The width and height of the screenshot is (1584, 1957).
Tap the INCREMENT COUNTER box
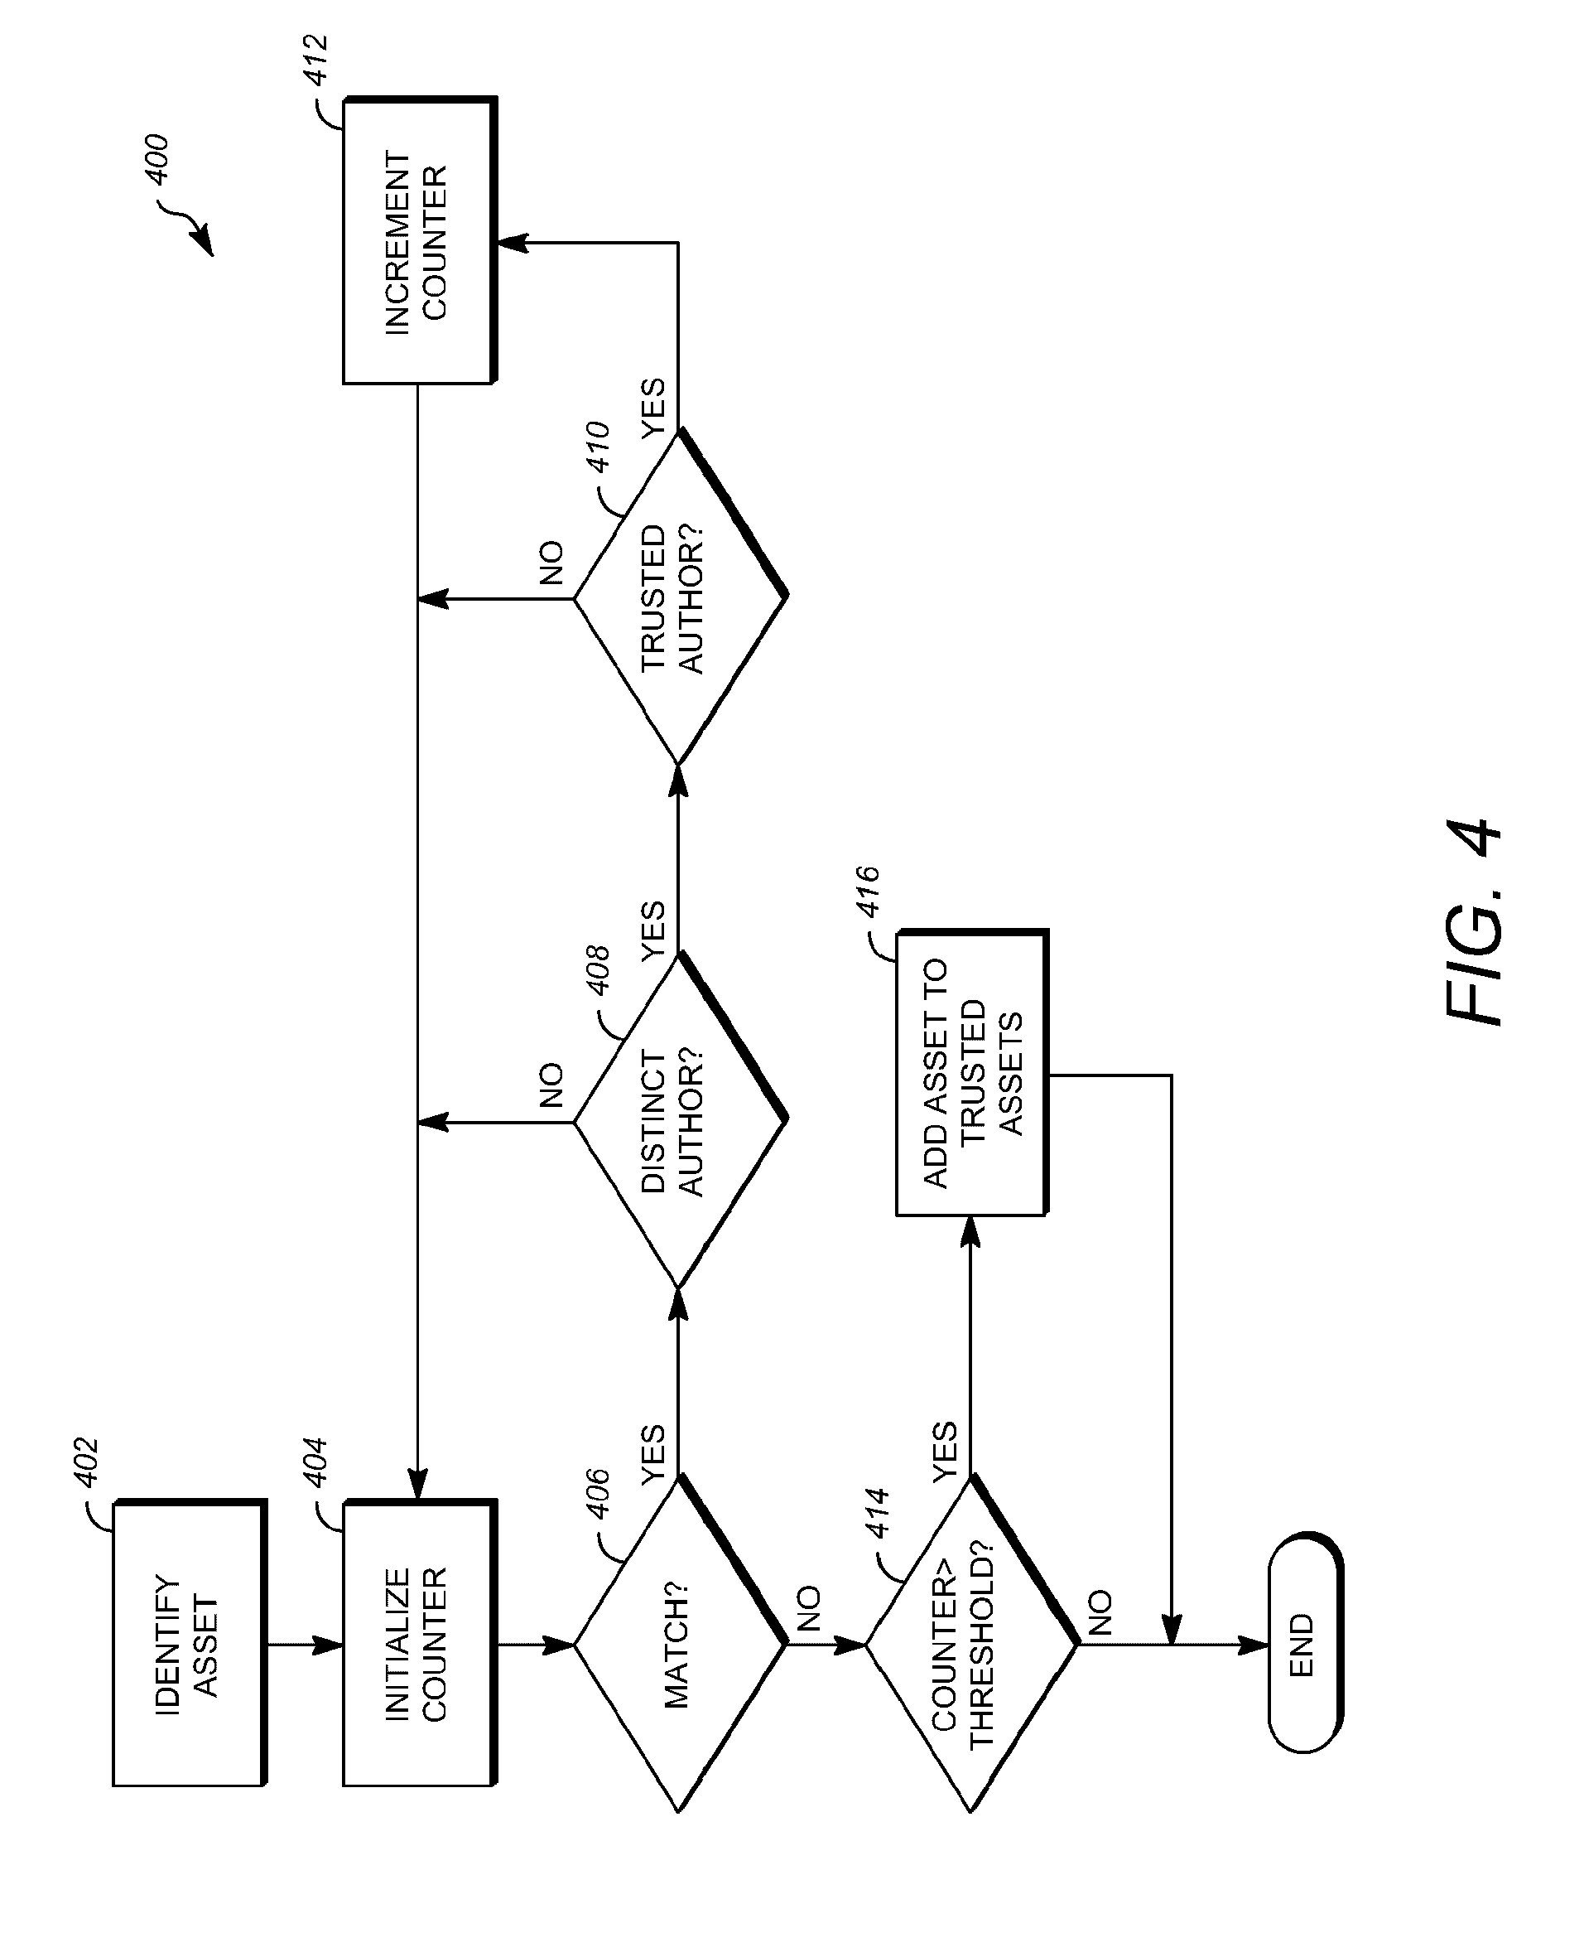[x=418, y=242]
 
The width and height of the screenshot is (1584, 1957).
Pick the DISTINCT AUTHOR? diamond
[x=679, y=1121]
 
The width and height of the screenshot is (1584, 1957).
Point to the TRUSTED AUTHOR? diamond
[x=679, y=598]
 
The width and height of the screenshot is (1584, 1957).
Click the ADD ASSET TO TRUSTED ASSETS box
[x=970, y=1074]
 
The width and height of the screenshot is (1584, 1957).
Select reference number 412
[x=316, y=61]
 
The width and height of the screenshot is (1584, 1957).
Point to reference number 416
[x=868, y=892]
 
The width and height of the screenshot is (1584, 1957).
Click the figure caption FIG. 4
[x=1473, y=922]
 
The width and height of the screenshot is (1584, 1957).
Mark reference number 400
[x=157, y=160]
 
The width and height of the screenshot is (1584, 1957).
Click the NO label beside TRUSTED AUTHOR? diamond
[x=552, y=563]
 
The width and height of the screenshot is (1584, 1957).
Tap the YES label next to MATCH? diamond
[x=653, y=1454]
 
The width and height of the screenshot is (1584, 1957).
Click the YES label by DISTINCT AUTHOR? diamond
[x=653, y=931]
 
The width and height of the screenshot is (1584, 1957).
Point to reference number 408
[x=598, y=970]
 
